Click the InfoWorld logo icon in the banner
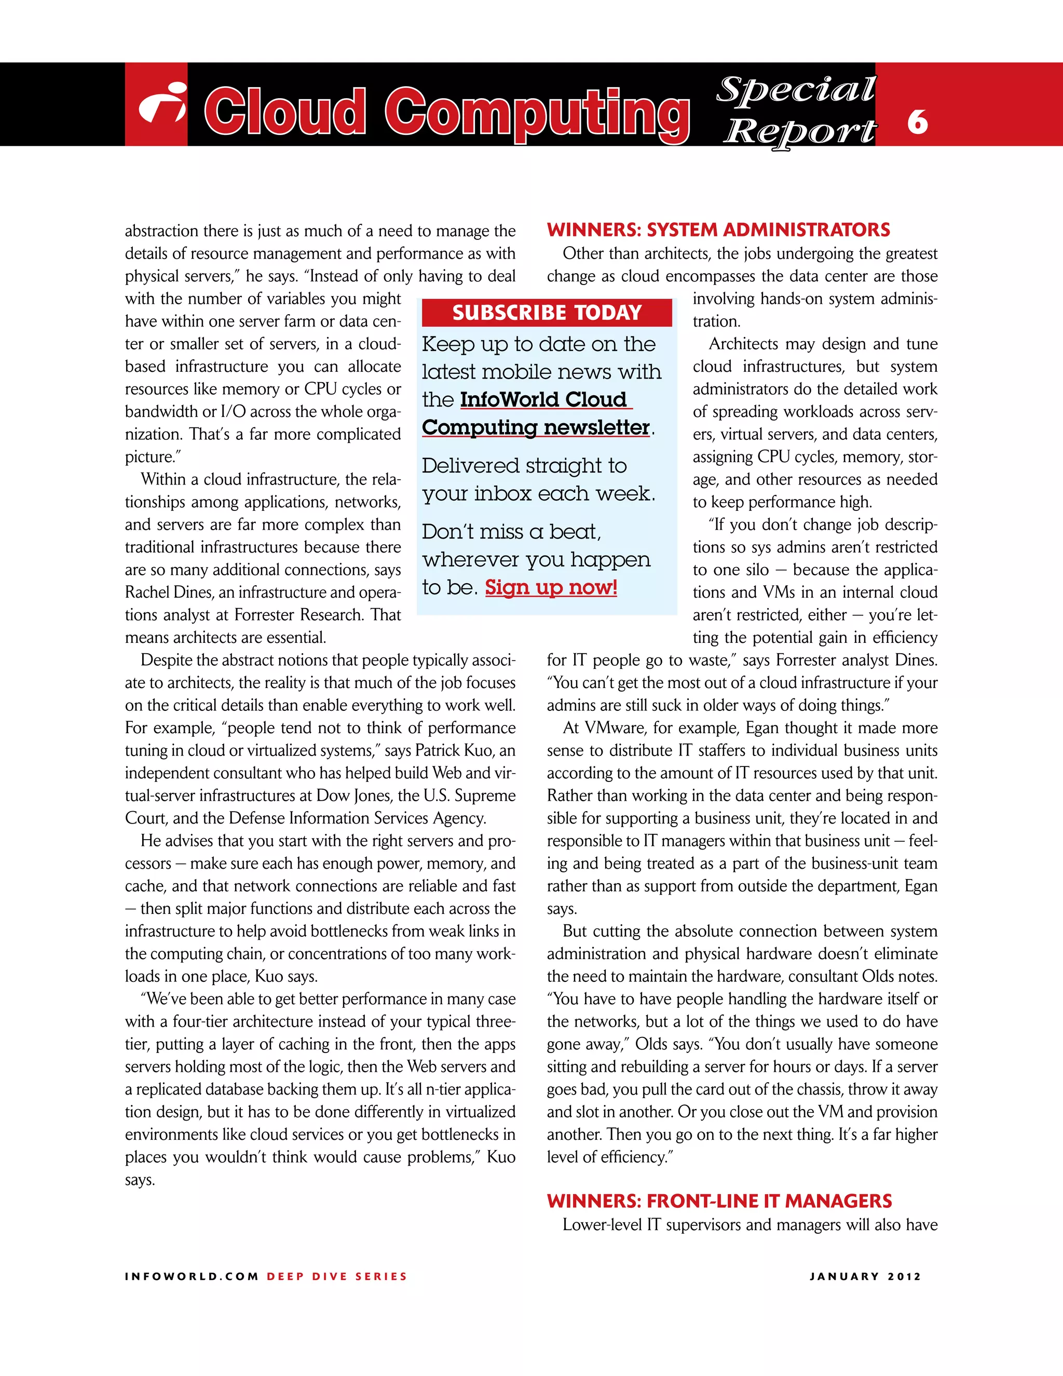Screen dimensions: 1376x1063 tap(162, 104)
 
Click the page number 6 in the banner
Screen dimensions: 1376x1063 tap(917, 122)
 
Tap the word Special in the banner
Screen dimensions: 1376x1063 tap(796, 89)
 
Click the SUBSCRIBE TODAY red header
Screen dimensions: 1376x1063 tap(547, 313)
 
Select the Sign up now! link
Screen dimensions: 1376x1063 tap(551, 587)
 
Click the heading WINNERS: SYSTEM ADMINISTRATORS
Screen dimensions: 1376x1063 tap(718, 230)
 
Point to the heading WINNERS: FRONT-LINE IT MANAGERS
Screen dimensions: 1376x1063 tap(719, 1201)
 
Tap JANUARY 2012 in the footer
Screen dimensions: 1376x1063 tap(865, 1276)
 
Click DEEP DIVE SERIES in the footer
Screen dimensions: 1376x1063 tap(337, 1276)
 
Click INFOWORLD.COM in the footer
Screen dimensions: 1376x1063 tap(192, 1276)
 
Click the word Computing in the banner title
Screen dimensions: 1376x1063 tap(537, 112)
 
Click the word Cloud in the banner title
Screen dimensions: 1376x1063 tap(284, 112)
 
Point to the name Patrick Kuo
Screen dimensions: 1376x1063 tap(448, 751)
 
